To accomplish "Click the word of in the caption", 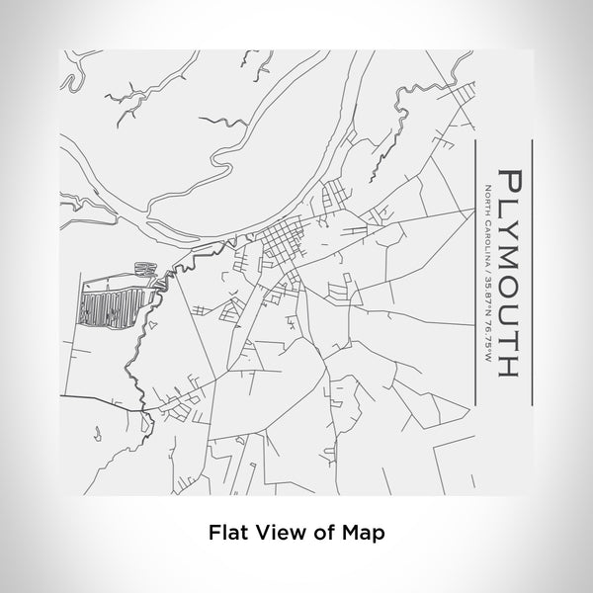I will pos(326,532).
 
